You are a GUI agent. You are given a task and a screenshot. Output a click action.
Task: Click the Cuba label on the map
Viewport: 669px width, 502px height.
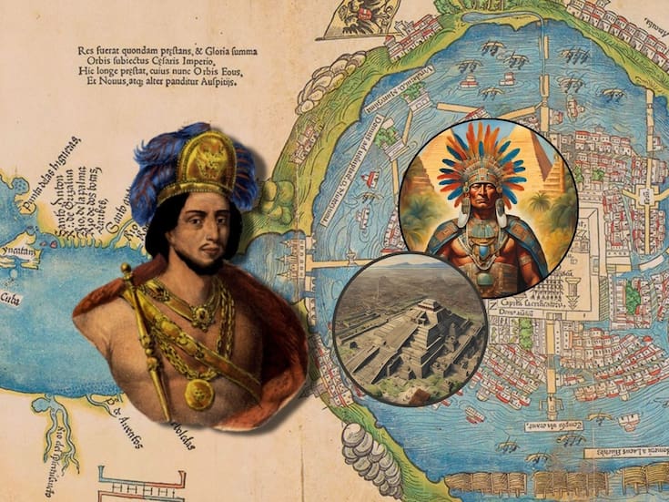click(x=11, y=298)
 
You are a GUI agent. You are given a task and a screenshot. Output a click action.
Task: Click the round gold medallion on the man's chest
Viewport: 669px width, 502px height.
click(x=199, y=394)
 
